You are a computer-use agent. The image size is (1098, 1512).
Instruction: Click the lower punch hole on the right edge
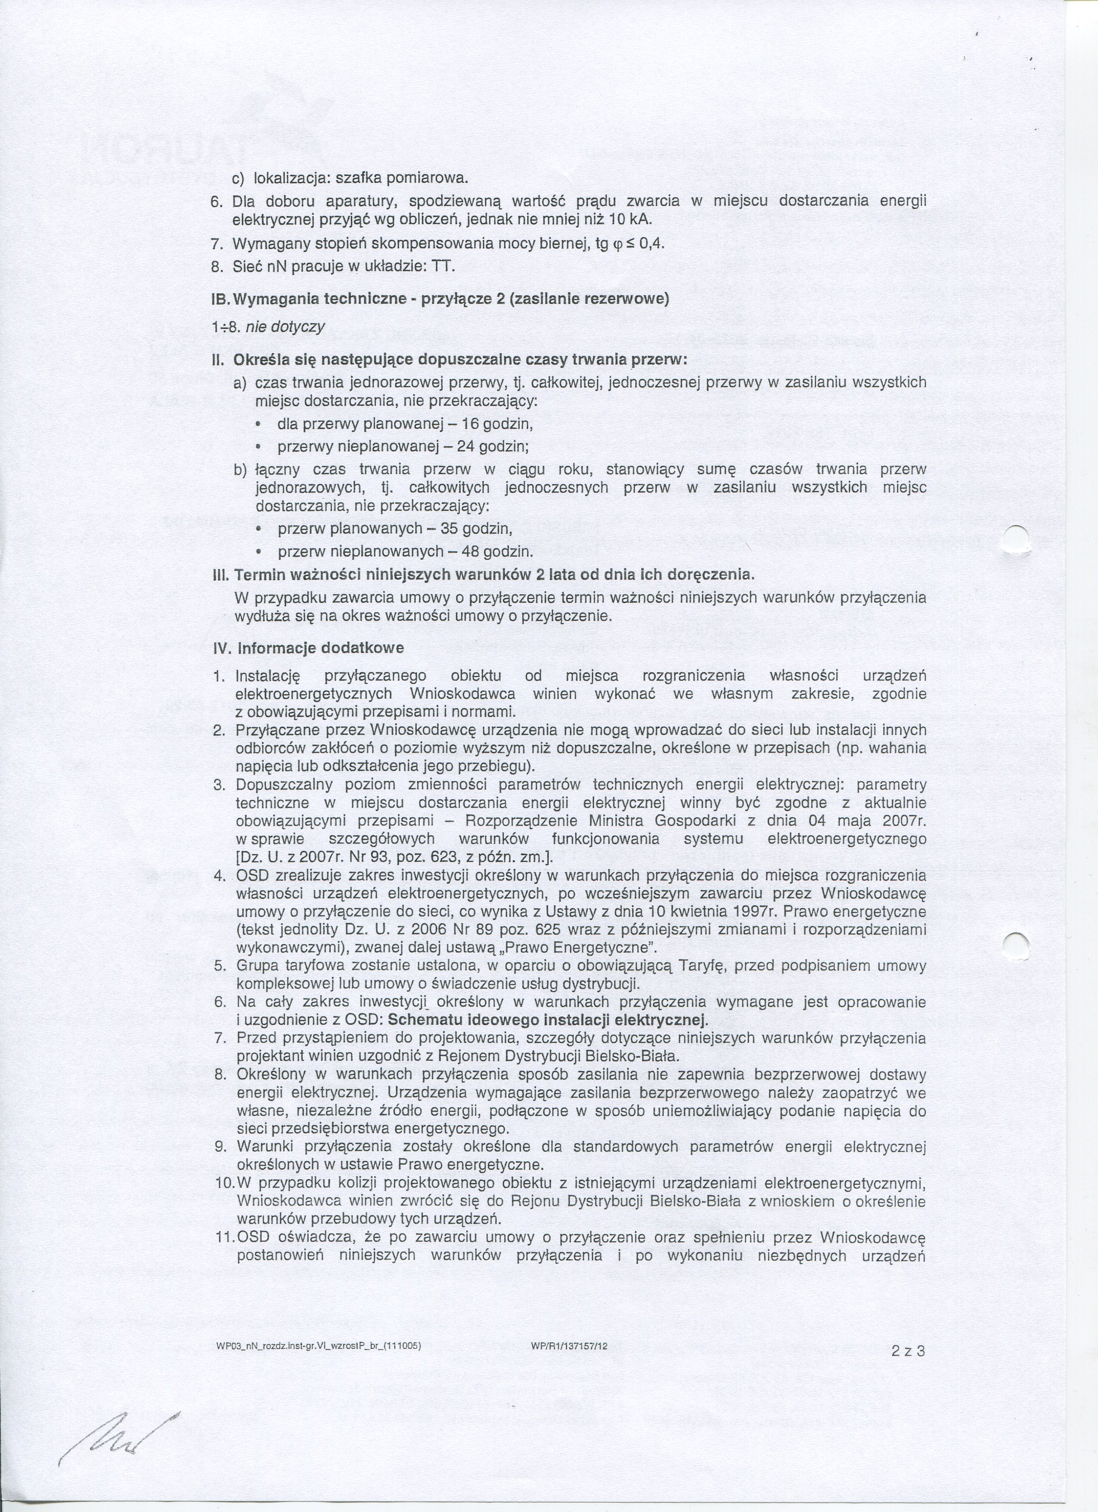(1016, 944)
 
